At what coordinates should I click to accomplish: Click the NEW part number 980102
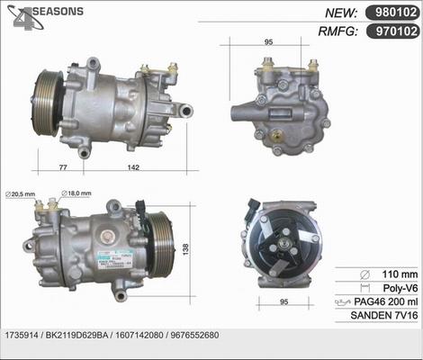(x=393, y=13)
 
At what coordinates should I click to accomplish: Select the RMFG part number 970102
(x=393, y=31)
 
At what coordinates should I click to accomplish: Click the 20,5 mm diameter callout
(x=21, y=193)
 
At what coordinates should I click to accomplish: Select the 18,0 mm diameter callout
(x=77, y=193)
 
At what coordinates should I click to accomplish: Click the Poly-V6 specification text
(x=397, y=288)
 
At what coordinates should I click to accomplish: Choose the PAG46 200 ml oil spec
(x=384, y=302)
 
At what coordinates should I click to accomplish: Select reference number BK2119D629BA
(x=80, y=335)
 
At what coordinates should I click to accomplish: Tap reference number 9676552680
(x=193, y=335)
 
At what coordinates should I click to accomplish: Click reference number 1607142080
(x=138, y=335)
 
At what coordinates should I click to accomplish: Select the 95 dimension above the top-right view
(x=267, y=41)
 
